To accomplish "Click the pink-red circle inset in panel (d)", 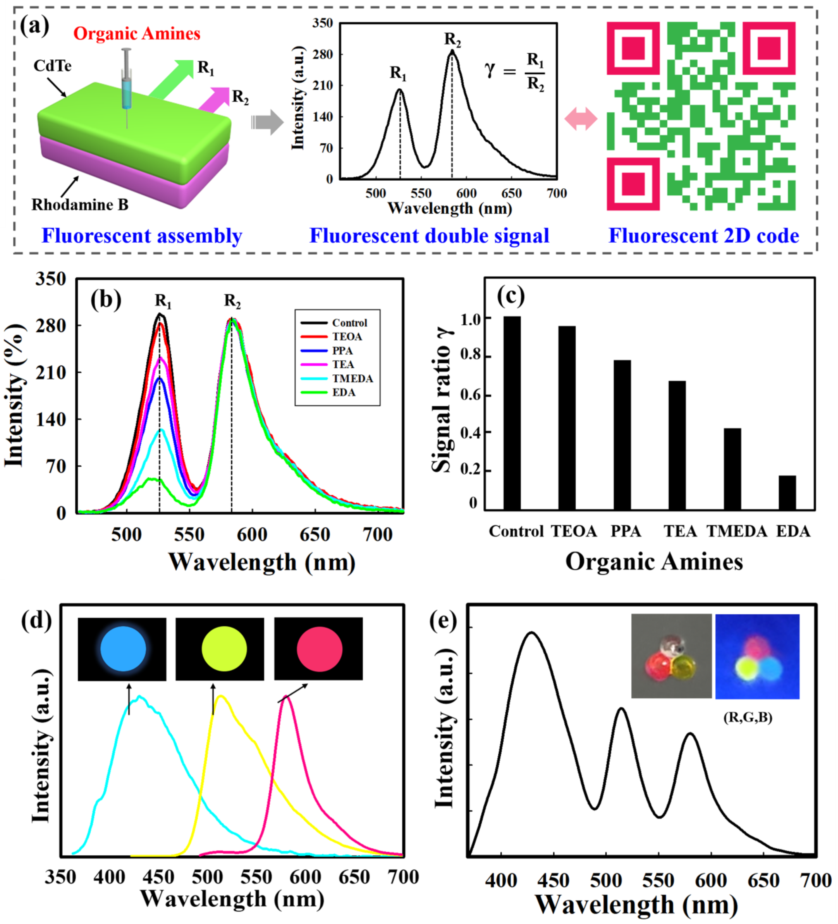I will click(x=319, y=649).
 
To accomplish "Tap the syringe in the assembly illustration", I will click(x=126, y=82).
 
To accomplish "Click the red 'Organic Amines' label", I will click(x=137, y=33).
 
